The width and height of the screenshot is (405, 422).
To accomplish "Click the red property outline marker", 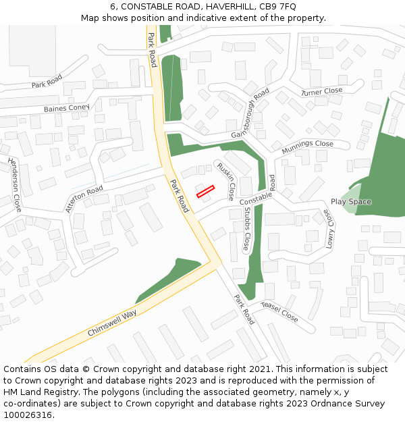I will click(205, 191).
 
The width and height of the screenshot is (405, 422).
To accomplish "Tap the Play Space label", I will click(350, 202).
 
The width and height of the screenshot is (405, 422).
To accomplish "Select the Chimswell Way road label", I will click(112, 323).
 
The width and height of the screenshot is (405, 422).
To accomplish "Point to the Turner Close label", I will click(322, 91).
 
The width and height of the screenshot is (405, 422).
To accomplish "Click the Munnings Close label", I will click(307, 144).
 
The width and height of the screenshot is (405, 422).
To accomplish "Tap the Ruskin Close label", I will click(225, 180).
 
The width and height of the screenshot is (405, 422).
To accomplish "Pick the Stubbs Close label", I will click(247, 228).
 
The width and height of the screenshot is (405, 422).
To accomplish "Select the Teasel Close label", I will click(279, 311).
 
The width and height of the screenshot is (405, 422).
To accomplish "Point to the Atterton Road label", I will click(84, 199).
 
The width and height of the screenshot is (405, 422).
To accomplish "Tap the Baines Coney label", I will click(66, 108).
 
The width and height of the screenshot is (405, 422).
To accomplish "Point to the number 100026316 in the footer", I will click(28, 415).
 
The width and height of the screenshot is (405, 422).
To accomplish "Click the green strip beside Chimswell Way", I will click(169, 278).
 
